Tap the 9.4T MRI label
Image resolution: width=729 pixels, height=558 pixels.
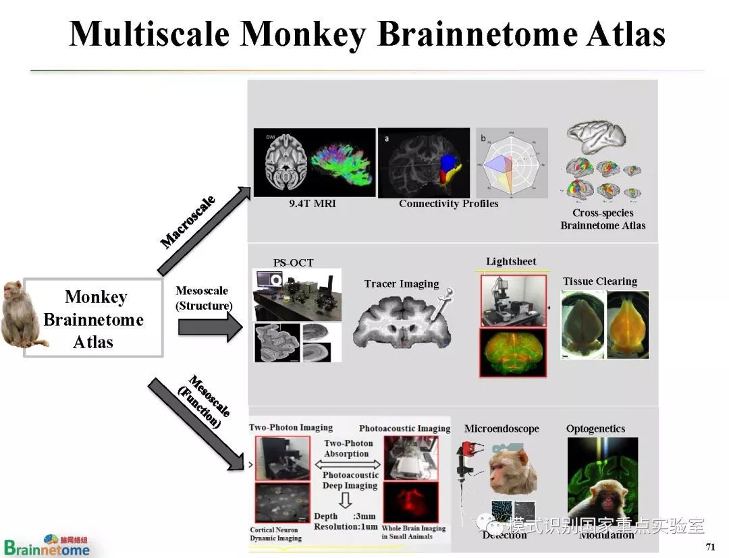pos(307,203)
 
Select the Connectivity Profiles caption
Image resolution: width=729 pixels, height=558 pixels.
pos(448,203)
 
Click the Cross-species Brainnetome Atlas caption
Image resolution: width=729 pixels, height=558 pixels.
pos(603,219)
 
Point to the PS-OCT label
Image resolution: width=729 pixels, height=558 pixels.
pos(293,262)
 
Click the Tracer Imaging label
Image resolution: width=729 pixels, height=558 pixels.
pos(402,283)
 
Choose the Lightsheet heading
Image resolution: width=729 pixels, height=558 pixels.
pos(511,261)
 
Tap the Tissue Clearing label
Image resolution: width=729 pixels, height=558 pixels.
pos(600,281)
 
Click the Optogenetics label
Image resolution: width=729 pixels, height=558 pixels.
pos(595,428)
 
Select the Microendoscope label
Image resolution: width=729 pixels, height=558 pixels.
pos(502,428)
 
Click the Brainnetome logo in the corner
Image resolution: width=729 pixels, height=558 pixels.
pos(46,545)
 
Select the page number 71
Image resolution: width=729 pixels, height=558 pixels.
pos(709,547)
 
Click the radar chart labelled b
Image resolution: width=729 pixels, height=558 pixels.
pos(512,162)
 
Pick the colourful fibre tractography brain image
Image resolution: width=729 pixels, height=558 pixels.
pos(343,163)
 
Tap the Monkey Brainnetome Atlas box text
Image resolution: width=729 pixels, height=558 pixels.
pos(94,318)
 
